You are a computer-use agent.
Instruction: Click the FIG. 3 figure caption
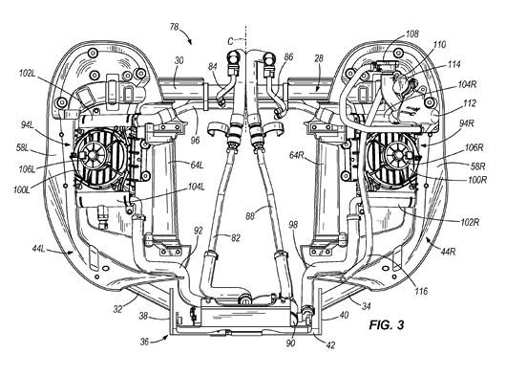point(387,324)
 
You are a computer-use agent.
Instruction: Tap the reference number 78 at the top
point(175,27)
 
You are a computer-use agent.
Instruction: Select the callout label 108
point(412,33)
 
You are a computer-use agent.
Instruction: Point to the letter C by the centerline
point(230,41)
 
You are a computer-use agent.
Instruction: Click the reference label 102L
point(27,74)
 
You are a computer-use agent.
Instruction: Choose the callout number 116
point(421,291)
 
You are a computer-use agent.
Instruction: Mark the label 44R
point(448,251)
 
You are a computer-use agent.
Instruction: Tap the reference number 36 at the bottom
point(145,342)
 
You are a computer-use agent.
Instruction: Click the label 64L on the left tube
point(197,165)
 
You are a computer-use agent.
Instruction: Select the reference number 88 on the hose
point(250,216)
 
